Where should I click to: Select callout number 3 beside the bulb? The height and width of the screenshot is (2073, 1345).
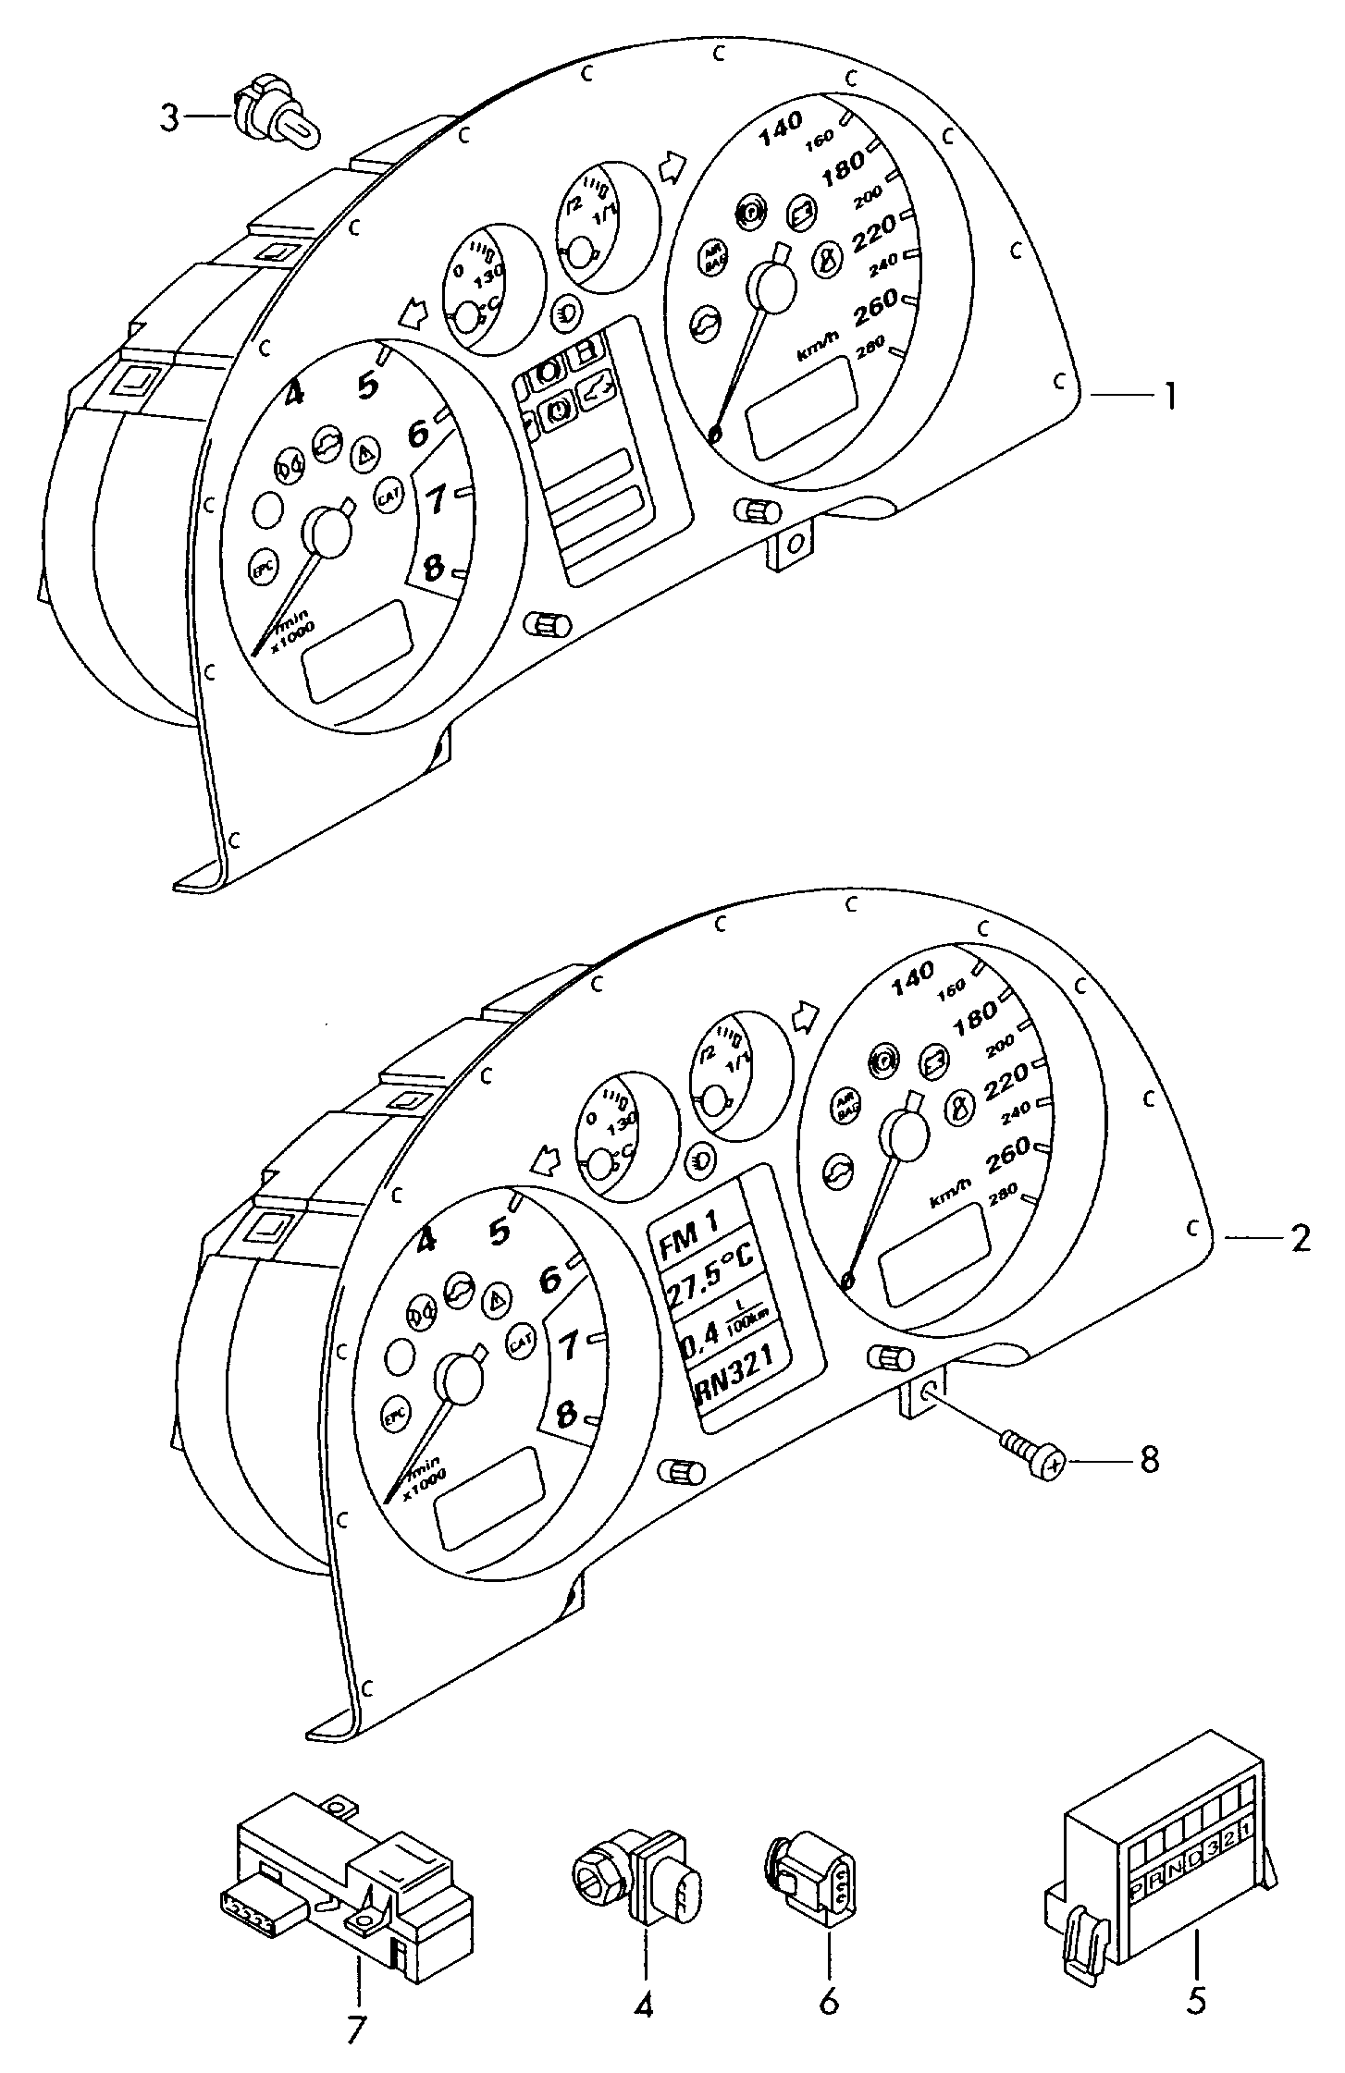(x=169, y=117)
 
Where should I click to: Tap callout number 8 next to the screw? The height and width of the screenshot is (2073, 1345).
(x=1148, y=1461)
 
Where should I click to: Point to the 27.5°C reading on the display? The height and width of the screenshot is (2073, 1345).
(x=705, y=1285)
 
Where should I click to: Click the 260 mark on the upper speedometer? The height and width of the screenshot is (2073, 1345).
(x=874, y=301)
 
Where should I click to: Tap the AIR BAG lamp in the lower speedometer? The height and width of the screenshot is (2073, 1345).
(x=844, y=1108)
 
